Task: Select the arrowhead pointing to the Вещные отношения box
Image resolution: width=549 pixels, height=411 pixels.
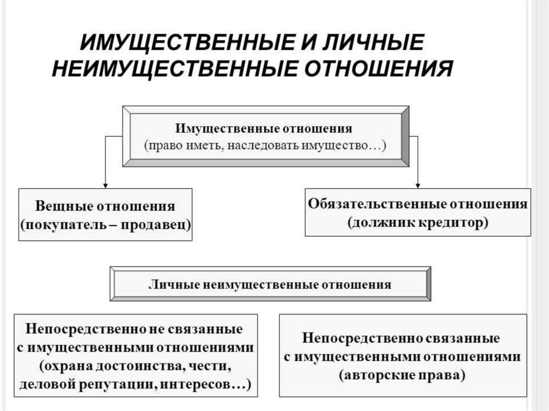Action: click(x=105, y=184)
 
